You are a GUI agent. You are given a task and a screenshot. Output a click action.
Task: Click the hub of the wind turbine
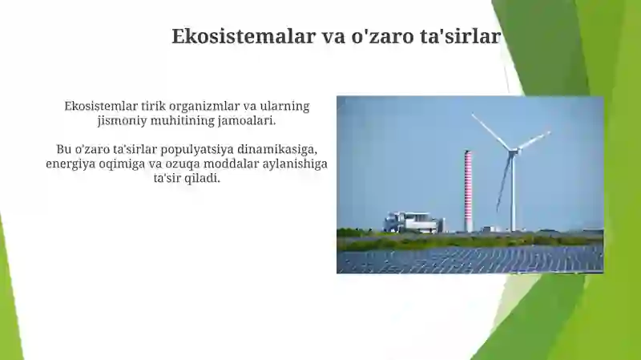[512, 151]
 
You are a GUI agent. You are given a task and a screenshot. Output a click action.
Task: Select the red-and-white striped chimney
[468, 191]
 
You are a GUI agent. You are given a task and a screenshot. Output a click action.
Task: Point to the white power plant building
[413, 223]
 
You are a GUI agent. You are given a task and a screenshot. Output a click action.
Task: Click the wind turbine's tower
[513, 192]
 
